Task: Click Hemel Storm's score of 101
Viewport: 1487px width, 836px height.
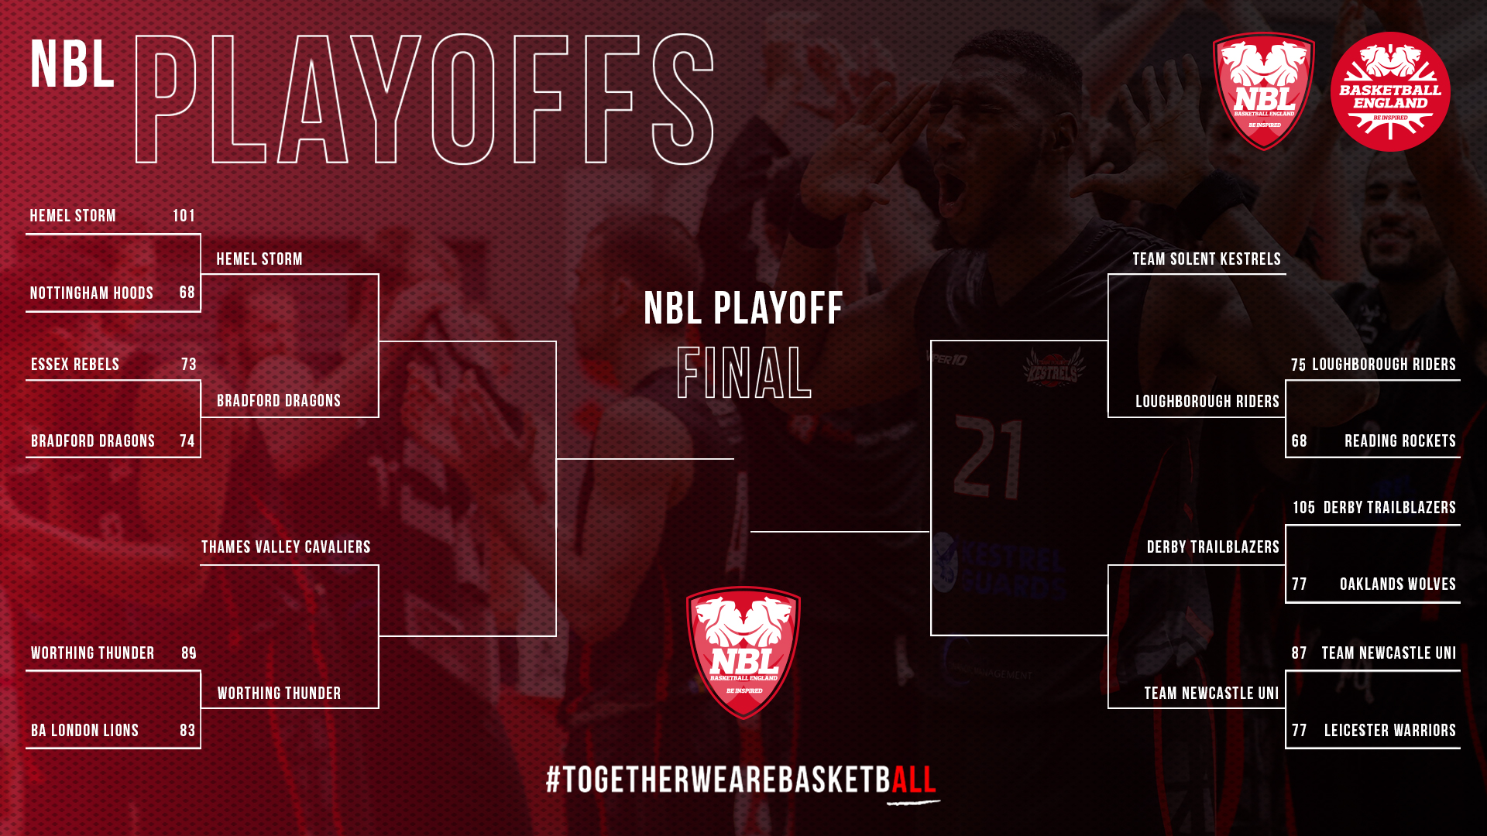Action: pos(184,216)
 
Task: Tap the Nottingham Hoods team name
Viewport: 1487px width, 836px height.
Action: pos(91,293)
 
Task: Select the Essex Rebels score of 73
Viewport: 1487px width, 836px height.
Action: pos(189,365)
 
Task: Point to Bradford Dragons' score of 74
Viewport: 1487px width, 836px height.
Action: pos(187,441)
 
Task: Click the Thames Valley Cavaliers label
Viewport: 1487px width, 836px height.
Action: pos(286,547)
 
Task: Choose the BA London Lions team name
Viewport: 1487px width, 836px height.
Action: pos(84,731)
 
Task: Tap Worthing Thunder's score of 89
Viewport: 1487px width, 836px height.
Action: pos(189,653)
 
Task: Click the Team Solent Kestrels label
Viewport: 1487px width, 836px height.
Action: pos(1207,259)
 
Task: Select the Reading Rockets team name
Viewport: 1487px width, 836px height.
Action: pos(1400,441)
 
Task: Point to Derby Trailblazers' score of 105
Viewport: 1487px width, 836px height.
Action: pos(1303,508)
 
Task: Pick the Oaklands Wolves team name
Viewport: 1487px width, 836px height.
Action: pos(1398,584)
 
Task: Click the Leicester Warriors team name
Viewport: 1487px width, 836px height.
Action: pos(1390,731)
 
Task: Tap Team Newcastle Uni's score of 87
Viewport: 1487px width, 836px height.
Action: pos(1299,653)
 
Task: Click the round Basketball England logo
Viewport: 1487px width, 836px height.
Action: pos(1390,91)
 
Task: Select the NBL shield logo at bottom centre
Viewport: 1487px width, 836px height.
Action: pos(743,653)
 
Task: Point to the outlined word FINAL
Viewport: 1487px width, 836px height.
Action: pos(743,373)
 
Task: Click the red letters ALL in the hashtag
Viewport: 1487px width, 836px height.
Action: pos(914,779)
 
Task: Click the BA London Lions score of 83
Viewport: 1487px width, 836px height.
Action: pos(187,731)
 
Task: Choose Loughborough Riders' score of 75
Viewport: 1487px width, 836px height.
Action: pos(1298,365)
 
